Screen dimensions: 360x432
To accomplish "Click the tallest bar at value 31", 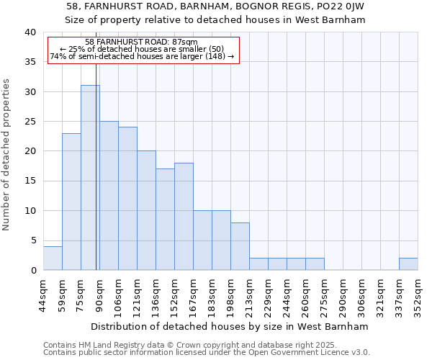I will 90,177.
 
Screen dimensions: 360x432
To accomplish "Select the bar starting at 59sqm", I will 71,202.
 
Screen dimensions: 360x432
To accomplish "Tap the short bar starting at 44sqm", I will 53,258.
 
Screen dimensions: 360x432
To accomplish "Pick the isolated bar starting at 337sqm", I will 408,264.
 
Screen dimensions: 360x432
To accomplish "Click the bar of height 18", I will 184,216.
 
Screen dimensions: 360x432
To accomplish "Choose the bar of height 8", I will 240,246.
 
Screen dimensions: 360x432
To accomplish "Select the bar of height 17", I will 165,219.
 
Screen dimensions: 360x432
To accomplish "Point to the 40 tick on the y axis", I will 30,32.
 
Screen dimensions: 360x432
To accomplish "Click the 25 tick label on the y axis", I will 30,122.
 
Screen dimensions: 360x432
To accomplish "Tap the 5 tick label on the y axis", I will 32,240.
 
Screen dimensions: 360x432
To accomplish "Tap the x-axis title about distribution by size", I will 230,326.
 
